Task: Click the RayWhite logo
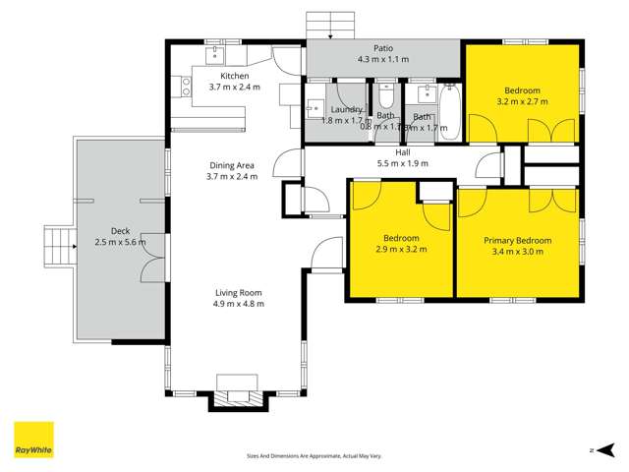point(33,441)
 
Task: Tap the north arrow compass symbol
point(593,450)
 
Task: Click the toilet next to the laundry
point(386,97)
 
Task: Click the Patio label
point(383,47)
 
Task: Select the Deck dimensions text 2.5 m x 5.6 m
point(120,242)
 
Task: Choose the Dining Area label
point(233,165)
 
